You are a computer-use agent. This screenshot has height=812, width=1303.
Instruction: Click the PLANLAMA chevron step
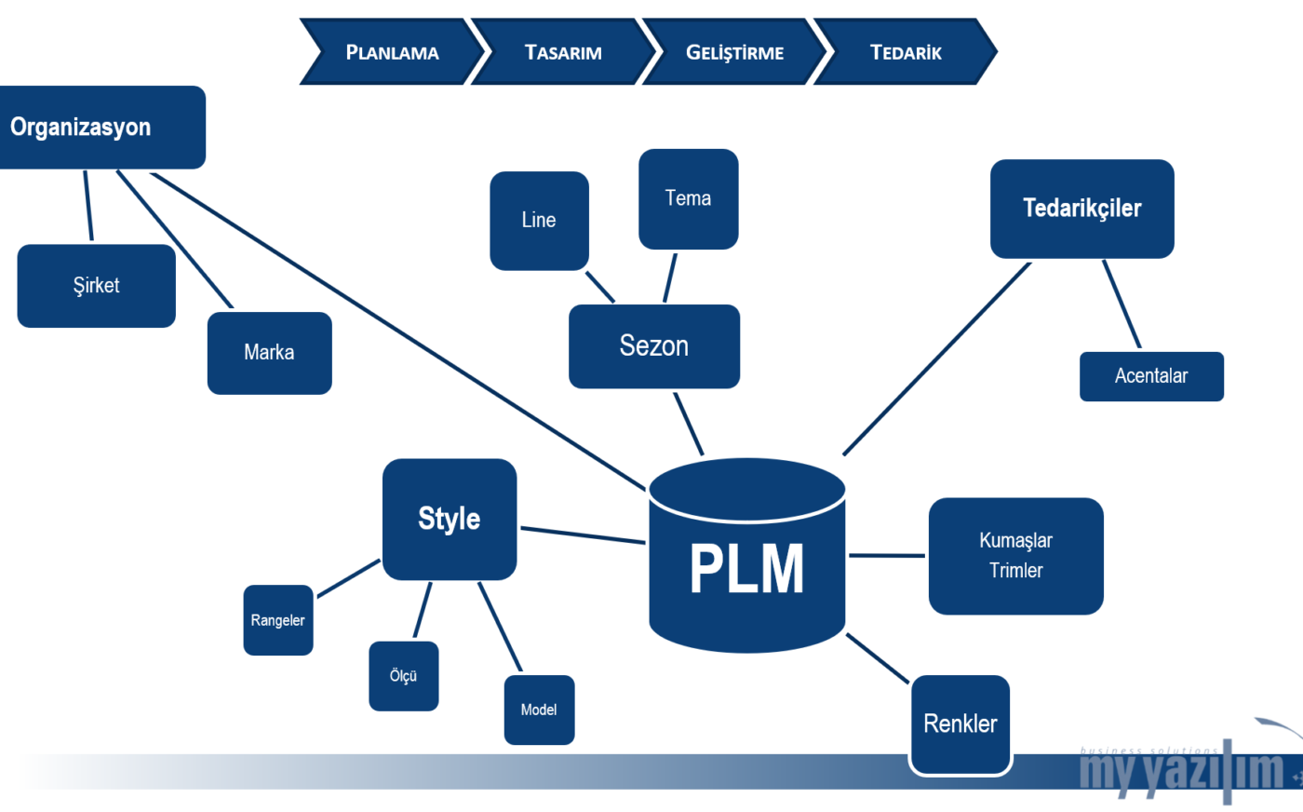point(392,52)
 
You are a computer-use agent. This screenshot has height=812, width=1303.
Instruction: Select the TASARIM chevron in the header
point(563,52)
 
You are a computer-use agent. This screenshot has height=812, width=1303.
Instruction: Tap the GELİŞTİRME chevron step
point(734,52)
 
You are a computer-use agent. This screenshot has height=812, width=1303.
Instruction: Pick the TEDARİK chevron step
point(906,52)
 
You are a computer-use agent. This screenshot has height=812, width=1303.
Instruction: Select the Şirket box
point(96,286)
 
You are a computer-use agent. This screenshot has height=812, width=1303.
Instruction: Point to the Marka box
point(269,353)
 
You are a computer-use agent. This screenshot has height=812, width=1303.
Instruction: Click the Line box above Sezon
point(539,221)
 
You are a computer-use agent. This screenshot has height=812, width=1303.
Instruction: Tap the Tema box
point(688,199)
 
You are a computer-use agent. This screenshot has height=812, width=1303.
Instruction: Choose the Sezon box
point(653,346)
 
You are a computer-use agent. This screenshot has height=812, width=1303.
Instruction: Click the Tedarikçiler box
point(1081,209)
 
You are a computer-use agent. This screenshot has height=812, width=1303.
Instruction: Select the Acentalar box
point(1151,376)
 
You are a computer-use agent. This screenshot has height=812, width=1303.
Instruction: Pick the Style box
point(450,519)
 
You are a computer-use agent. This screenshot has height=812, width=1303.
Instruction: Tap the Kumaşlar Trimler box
point(1015,556)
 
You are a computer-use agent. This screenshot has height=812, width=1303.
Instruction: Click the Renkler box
point(960,724)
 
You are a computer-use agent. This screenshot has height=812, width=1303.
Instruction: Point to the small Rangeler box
point(277,620)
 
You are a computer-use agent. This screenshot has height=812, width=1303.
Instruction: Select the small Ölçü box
point(403,676)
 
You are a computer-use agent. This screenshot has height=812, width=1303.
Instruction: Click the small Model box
point(539,710)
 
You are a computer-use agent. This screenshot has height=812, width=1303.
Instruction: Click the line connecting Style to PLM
point(583,535)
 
